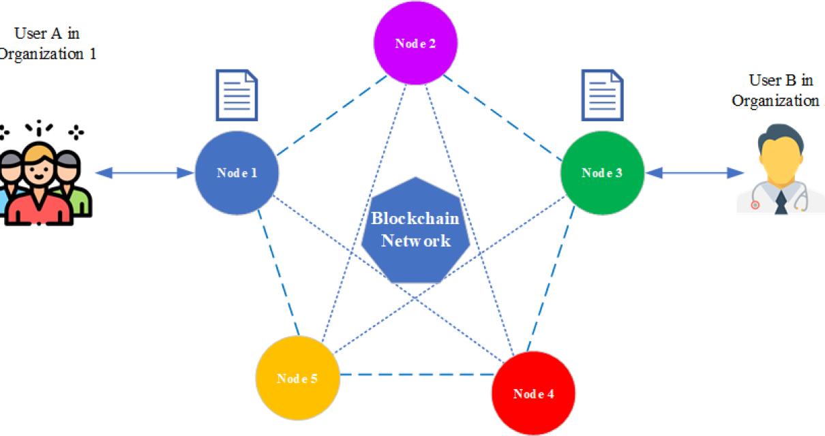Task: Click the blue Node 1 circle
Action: point(237,172)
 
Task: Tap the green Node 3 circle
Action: point(601,172)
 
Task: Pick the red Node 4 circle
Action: point(533,394)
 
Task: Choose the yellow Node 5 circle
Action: point(297,378)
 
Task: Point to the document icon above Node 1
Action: point(237,95)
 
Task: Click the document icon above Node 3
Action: point(602,95)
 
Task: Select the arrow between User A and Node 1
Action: point(145,174)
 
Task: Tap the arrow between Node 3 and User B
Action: point(694,174)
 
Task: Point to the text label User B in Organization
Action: point(777,90)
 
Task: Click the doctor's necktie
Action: point(781,201)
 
